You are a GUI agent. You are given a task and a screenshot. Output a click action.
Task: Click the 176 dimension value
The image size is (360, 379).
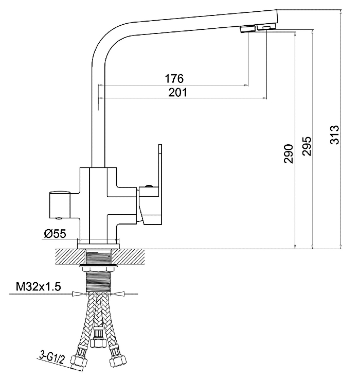pyautogui.click(x=174, y=79)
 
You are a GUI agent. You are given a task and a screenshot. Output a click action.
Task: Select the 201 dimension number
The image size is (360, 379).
pyautogui.click(x=177, y=92)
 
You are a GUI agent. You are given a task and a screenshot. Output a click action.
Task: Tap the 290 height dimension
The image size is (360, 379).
pyautogui.click(x=289, y=154)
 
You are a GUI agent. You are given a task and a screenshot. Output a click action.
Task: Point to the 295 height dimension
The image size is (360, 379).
pyautogui.click(x=307, y=146)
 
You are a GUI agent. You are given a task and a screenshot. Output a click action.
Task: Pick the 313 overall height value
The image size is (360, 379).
pyautogui.click(x=335, y=135)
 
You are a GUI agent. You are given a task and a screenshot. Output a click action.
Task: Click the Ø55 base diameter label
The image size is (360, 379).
pyautogui.click(x=55, y=234)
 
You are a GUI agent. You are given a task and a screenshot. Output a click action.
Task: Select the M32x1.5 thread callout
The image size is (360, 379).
pyautogui.click(x=39, y=287)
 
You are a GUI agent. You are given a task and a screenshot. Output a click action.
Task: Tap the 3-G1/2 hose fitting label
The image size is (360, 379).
pyautogui.click(x=51, y=358)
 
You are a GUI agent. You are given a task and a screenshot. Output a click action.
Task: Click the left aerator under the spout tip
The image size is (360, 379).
pyautogui.click(x=247, y=29)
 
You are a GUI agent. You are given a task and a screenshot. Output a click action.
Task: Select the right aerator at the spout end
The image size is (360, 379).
pyautogui.click(x=266, y=26)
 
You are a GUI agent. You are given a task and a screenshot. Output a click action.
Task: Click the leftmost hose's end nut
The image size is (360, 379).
pyautogui.click(x=79, y=361)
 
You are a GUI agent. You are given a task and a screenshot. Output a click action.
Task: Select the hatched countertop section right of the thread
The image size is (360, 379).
pyautogui.click(x=128, y=256)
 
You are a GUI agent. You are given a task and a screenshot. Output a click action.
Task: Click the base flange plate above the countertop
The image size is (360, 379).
pyautogui.click(x=98, y=246)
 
